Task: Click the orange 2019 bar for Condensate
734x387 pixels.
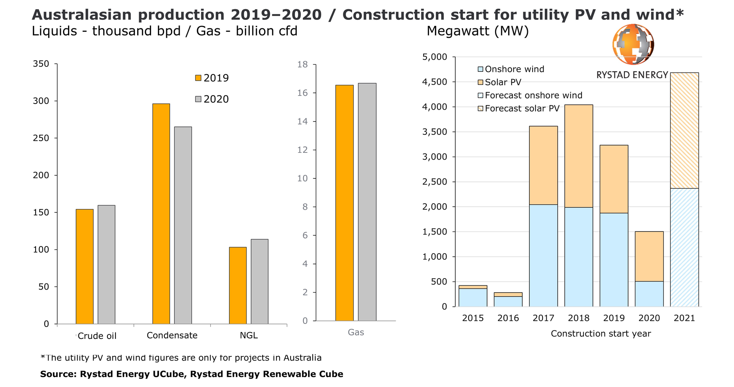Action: tap(161, 214)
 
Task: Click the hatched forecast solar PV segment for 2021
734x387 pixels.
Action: tap(684, 130)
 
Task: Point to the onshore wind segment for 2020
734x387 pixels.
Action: tap(649, 294)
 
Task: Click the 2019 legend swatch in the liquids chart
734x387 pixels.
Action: tap(198, 78)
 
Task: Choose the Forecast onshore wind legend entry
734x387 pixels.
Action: tap(533, 96)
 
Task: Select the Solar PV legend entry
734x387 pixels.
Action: tap(503, 82)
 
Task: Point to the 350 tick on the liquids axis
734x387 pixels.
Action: tap(41, 64)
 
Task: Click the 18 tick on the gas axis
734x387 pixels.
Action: tap(302, 65)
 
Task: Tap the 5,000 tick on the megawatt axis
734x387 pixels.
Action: tap(434, 57)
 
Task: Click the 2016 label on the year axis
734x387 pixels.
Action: tap(508, 318)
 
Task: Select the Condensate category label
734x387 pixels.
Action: tap(172, 335)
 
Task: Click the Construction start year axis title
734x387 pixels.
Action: tap(601, 334)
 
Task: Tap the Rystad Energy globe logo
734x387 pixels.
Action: tap(633, 44)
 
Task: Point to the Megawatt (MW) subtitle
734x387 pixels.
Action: tap(477, 31)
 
